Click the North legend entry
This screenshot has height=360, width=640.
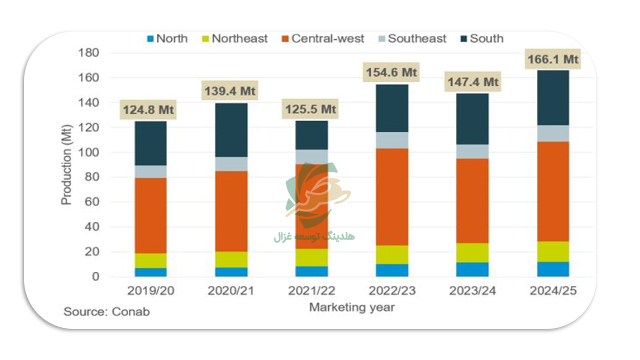pos(167,38)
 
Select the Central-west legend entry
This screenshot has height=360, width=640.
pos(323,38)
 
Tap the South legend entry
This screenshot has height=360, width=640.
pos(481,38)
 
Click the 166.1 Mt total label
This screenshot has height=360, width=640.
pos(552,59)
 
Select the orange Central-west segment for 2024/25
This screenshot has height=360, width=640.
pos(552,191)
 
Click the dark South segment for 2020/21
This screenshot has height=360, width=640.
pos(231,130)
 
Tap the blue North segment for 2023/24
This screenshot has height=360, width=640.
pos(472,269)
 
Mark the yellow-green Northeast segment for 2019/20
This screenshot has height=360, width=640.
pos(150,260)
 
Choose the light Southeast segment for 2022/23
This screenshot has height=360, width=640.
pos(392,140)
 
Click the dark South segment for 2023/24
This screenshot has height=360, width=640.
pos(472,119)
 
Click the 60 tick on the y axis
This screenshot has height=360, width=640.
pos(92,202)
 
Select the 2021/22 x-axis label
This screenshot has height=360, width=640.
pos(312,291)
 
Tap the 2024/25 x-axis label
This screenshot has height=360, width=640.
pos(552,291)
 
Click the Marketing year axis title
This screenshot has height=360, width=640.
pos(351,307)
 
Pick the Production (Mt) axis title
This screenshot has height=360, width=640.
pos(66,165)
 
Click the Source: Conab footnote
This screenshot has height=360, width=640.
pos(106,311)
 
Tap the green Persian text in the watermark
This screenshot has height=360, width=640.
pos(314,236)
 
